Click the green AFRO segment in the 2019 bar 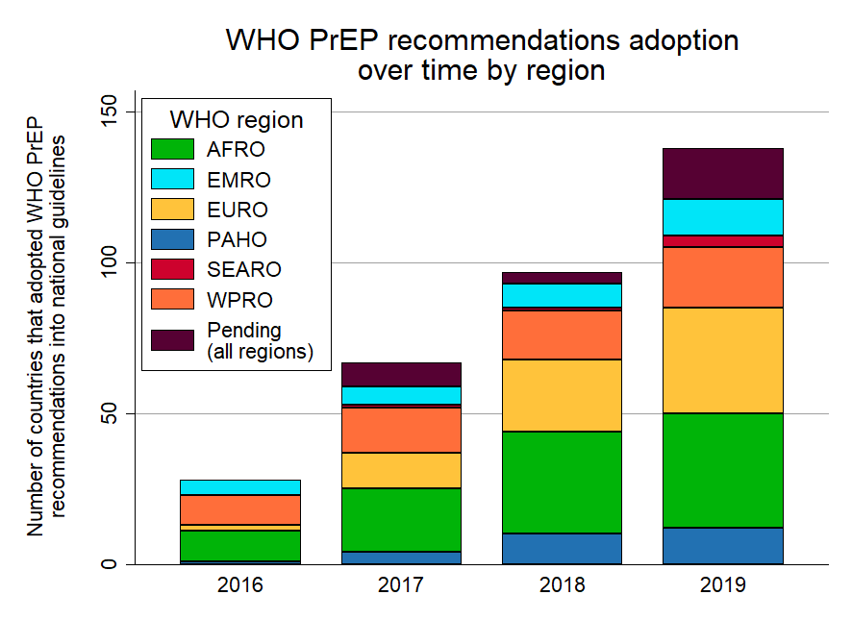click(722, 470)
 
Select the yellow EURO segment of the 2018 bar click(562, 395)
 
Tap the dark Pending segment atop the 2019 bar click(722, 174)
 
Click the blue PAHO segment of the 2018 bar click(562, 548)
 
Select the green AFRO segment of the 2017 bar click(402, 520)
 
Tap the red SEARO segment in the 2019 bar click(722, 240)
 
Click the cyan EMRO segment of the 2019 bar click(722, 216)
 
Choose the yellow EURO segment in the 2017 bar click(402, 470)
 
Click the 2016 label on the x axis click(239, 585)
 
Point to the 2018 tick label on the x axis click(562, 585)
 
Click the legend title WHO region click(236, 120)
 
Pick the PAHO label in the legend click(237, 239)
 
